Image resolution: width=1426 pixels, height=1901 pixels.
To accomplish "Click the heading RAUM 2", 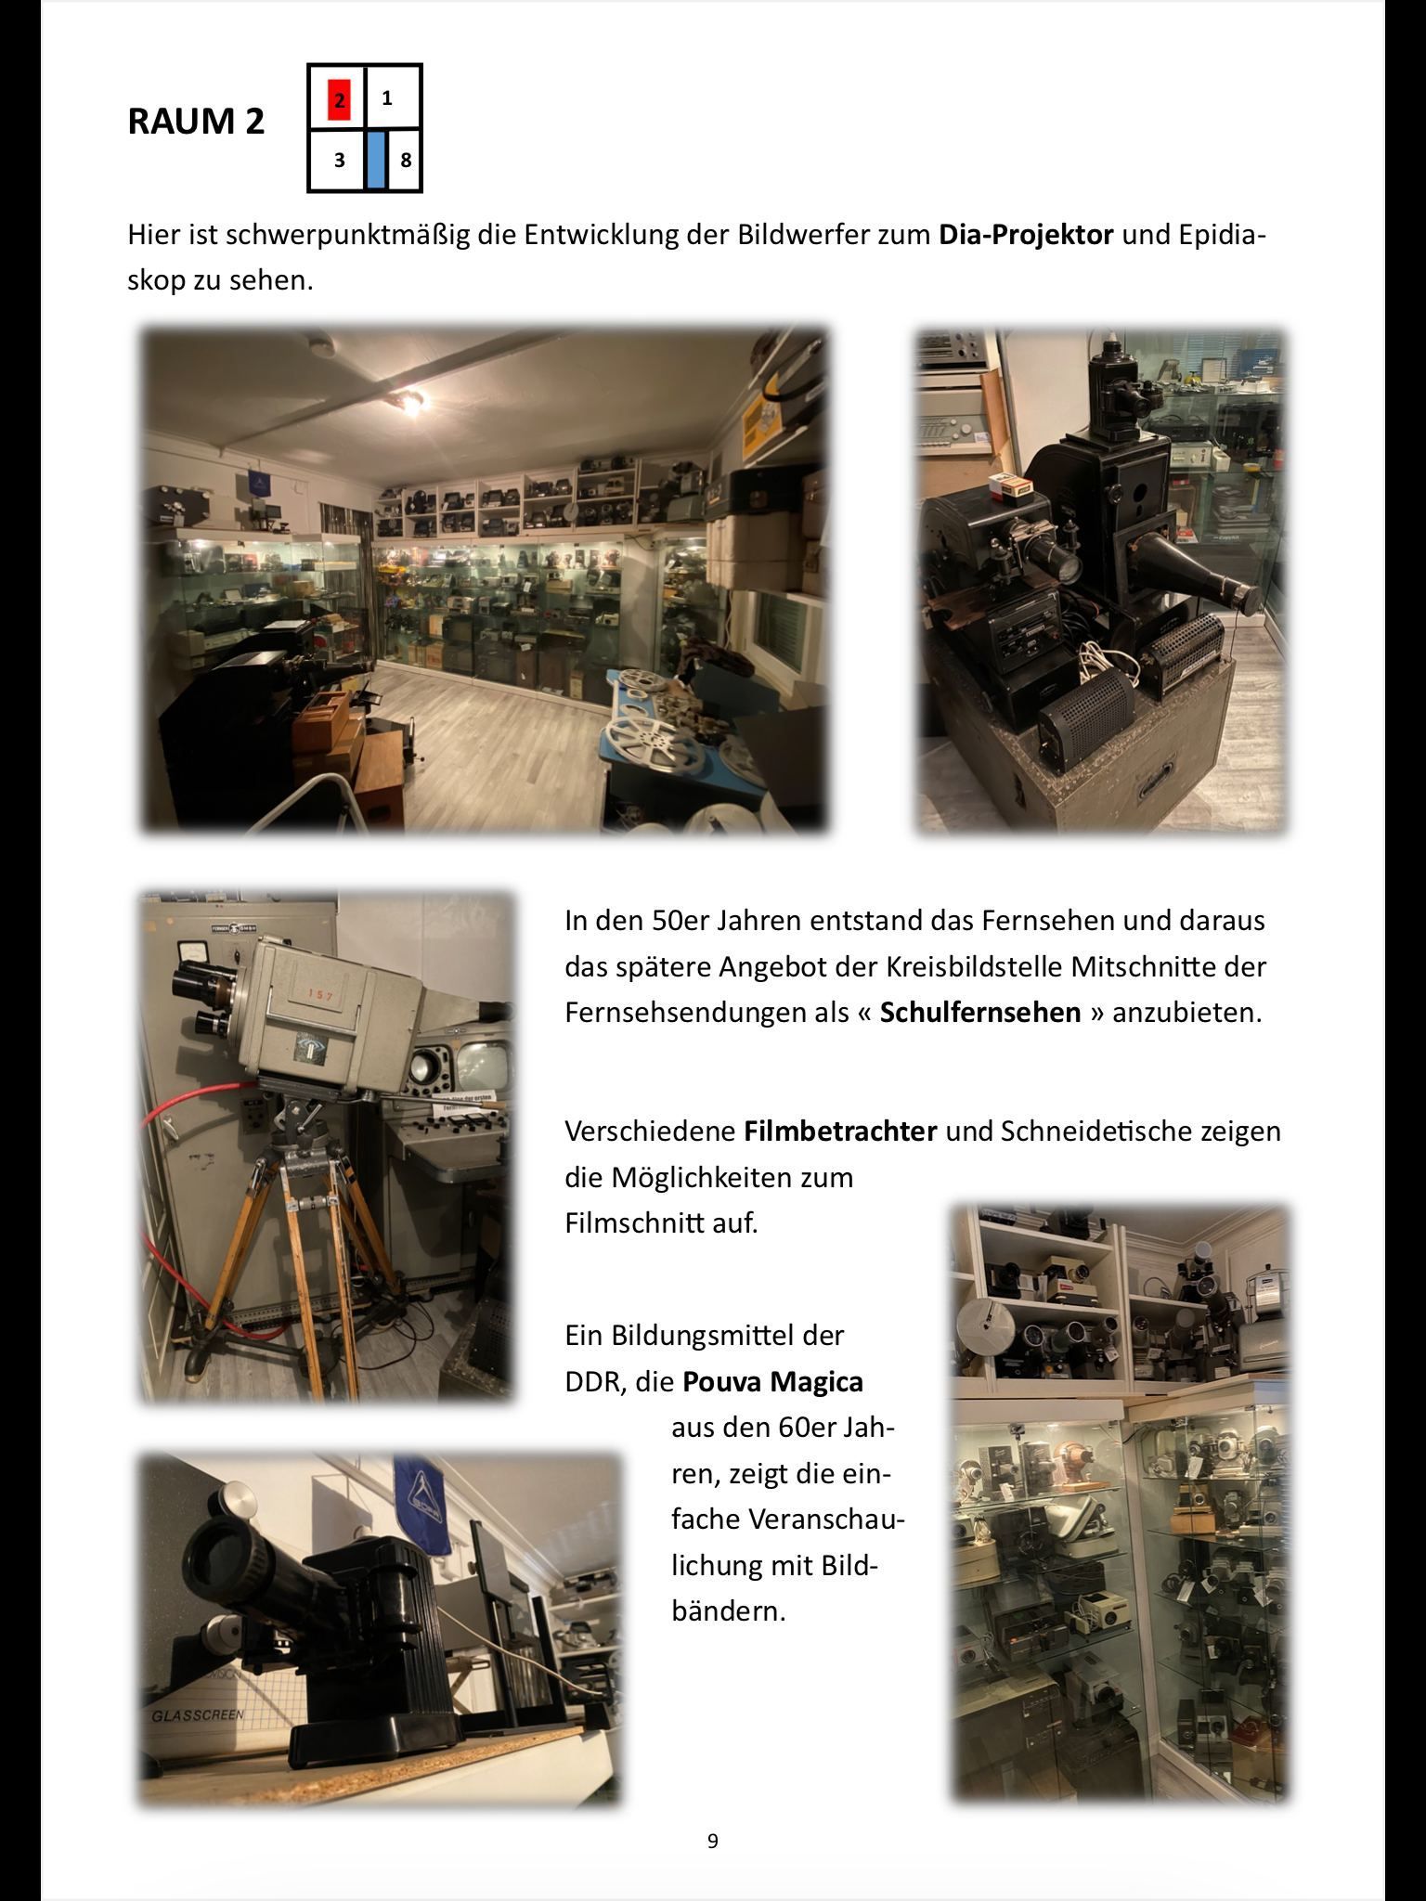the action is (196, 122).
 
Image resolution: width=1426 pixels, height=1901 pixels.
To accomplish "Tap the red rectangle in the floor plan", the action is (340, 99).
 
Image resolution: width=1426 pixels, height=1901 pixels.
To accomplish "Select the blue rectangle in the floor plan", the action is (375, 160).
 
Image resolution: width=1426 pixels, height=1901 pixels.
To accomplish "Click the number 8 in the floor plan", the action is (406, 160).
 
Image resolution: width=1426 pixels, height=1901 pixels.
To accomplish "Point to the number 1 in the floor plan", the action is (387, 97).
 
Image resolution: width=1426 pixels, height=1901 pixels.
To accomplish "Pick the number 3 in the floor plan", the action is (340, 160).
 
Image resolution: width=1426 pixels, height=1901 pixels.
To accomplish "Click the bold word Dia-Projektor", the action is (1026, 234).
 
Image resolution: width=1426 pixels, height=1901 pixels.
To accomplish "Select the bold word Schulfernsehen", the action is (980, 1012).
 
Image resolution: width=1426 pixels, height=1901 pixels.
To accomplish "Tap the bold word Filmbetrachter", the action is (840, 1132).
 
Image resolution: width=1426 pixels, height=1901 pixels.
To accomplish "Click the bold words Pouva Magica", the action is (772, 1381).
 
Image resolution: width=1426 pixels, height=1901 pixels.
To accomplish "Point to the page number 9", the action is (712, 1841).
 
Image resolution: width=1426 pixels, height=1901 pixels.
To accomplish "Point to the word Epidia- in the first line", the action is (1223, 234).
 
